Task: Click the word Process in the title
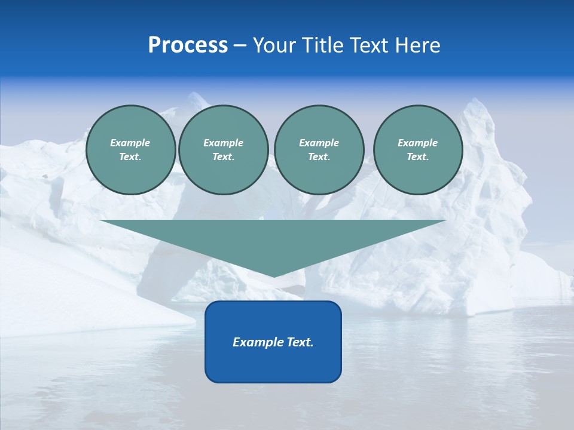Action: click(188, 45)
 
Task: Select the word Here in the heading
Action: click(417, 45)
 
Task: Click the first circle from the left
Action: click(131, 150)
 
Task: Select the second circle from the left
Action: click(223, 150)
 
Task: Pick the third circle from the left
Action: click(319, 150)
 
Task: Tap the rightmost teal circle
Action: click(418, 150)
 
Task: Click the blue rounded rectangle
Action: click(273, 342)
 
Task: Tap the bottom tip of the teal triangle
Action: click(274, 275)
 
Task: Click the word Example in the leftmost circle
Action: click(130, 143)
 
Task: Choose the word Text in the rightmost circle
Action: click(417, 157)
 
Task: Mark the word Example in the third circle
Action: click(319, 143)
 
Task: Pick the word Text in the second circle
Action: click(223, 157)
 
